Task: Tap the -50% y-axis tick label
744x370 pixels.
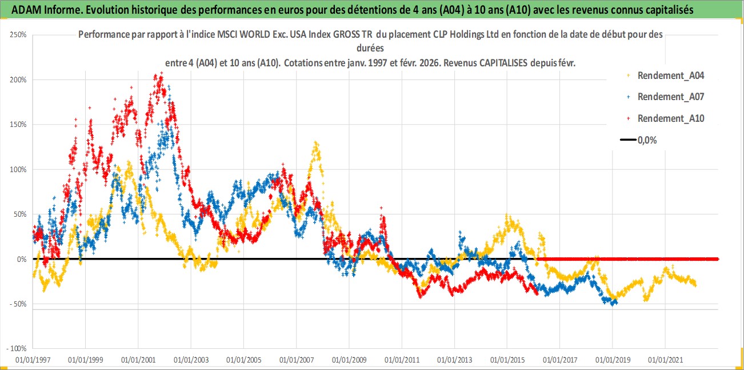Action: point(18,304)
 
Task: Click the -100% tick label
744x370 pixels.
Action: point(17,348)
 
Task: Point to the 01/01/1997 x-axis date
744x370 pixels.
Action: point(33,360)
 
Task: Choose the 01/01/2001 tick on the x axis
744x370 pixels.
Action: point(138,360)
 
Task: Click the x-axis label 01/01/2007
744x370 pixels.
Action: point(296,360)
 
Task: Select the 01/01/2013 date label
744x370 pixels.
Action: point(454,360)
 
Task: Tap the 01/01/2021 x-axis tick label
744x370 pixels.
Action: point(665,360)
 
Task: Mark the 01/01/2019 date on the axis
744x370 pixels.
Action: point(613,360)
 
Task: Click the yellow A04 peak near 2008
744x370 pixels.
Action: point(315,143)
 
